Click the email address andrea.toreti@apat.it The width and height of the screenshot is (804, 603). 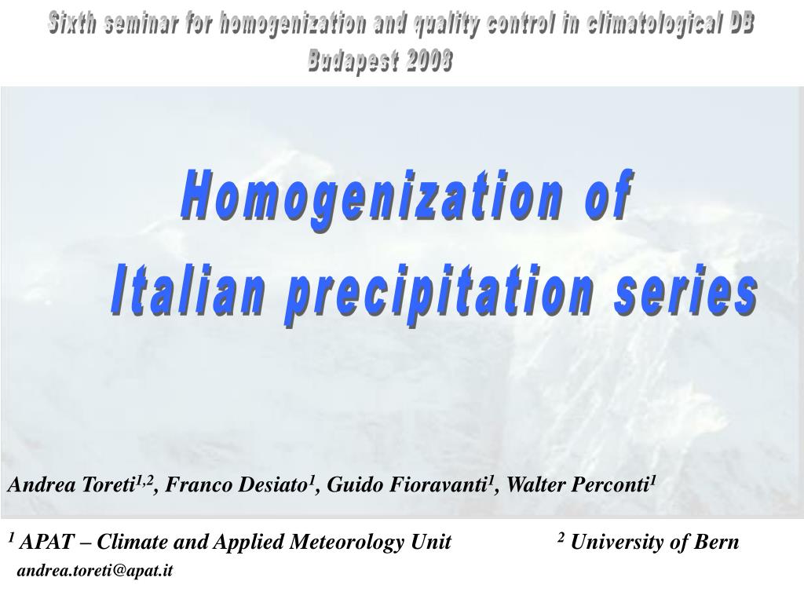point(95,571)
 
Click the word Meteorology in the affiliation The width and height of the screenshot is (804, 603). point(353,543)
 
